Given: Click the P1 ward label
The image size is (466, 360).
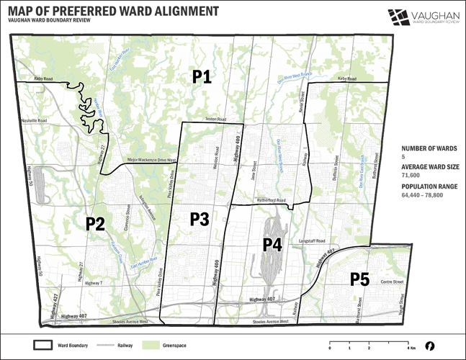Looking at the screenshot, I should click(x=201, y=77).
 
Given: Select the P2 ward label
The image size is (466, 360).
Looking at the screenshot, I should click(x=97, y=223).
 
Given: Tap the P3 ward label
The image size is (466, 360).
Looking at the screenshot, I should click(x=200, y=219).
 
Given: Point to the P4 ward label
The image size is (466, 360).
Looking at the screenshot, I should click(x=272, y=244).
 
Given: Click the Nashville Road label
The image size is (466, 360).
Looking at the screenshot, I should click(x=34, y=120).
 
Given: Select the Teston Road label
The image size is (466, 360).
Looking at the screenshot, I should click(x=215, y=120).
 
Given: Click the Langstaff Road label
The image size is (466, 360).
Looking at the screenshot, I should click(x=311, y=240).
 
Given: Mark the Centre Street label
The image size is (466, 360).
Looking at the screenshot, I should click(x=391, y=282).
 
